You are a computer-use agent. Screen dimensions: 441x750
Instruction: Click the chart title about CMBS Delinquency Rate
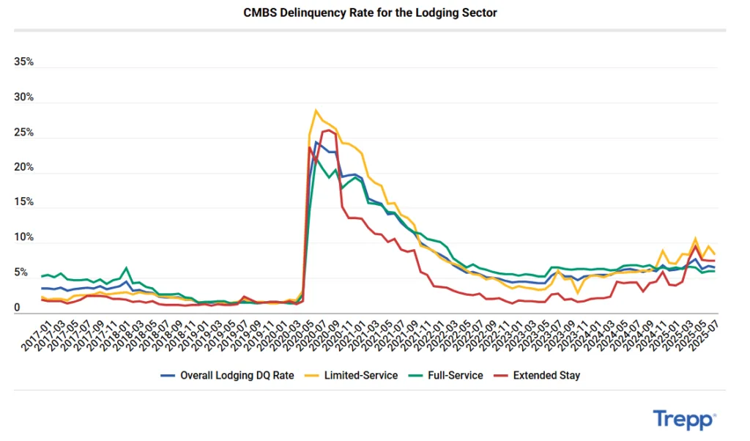coord(370,13)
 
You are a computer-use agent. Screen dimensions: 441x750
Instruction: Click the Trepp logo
coord(684,420)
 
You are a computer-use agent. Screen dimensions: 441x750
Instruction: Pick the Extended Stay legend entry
coord(546,375)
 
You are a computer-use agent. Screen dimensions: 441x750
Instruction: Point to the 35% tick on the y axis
coord(24,62)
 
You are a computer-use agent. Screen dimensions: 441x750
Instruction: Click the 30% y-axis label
coord(24,97)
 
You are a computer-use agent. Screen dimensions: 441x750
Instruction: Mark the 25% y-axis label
coord(24,133)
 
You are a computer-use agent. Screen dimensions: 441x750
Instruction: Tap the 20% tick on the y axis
coord(24,167)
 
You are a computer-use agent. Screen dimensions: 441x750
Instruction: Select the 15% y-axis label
coord(24,202)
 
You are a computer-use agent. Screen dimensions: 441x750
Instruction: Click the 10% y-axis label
coord(24,237)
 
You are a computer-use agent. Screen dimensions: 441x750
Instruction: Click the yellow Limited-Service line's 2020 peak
coord(316,111)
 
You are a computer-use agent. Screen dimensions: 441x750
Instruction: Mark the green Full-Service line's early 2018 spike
coord(127,268)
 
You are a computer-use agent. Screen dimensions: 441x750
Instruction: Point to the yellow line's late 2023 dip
coord(578,293)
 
